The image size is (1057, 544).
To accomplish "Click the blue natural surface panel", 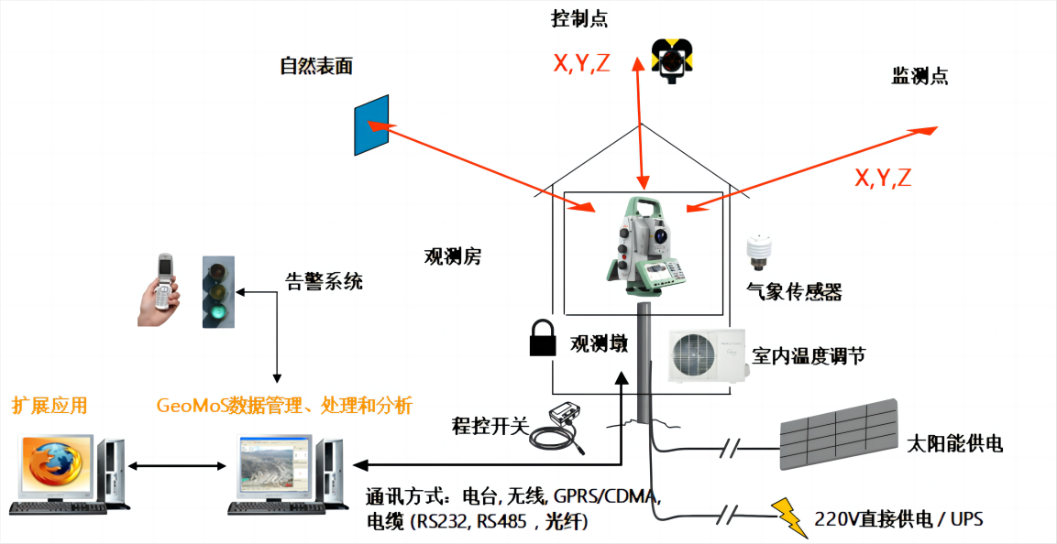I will pos(371,125).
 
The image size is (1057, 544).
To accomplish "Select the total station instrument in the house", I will pos(645,243).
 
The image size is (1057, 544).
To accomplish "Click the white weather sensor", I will pos(758,252).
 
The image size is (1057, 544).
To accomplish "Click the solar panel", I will pos(838,434).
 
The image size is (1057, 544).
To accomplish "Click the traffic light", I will pos(216,292).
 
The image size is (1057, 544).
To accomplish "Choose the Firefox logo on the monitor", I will pos(53,466).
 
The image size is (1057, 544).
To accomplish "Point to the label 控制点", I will pos(579,18).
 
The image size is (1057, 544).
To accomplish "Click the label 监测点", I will pos(919,76).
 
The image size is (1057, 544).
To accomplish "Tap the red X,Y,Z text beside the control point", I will pos(581,63).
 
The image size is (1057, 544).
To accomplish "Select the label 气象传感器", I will pos(794,292).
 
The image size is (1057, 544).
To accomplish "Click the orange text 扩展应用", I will pos(50,405).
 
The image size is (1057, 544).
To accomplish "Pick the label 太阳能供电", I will pos(953,444).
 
